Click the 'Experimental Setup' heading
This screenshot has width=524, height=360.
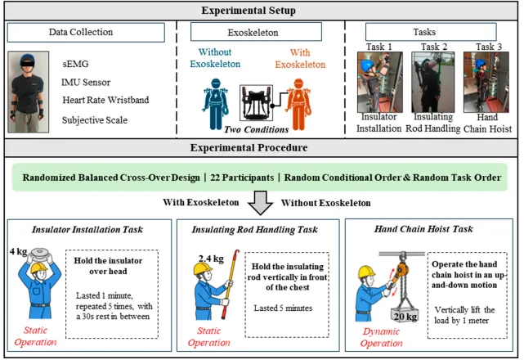click(x=249, y=11)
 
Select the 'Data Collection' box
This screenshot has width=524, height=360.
click(x=86, y=33)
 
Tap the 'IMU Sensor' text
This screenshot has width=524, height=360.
click(x=86, y=83)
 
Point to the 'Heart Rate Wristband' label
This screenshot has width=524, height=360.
click(x=105, y=100)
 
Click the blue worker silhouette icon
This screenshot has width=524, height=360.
click(x=216, y=104)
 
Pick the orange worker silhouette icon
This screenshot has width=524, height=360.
click(x=298, y=104)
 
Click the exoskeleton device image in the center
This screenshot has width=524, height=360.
click(x=257, y=103)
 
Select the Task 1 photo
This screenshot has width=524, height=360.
click(x=380, y=82)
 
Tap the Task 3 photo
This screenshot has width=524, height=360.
click(x=486, y=82)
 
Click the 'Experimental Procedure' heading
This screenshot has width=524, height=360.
click(x=249, y=147)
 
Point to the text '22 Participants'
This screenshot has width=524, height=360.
click(x=242, y=178)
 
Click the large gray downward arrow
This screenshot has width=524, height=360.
click(x=261, y=203)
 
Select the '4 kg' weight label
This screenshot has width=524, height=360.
click(x=18, y=251)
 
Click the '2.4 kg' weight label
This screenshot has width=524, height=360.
click(x=211, y=259)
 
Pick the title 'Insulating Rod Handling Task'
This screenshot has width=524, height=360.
click(x=255, y=230)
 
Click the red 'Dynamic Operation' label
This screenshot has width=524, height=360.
click(x=381, y=337)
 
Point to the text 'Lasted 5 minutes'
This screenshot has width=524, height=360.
click(x=283, y=308)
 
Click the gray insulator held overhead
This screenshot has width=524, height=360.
click(x=39, y=253)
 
